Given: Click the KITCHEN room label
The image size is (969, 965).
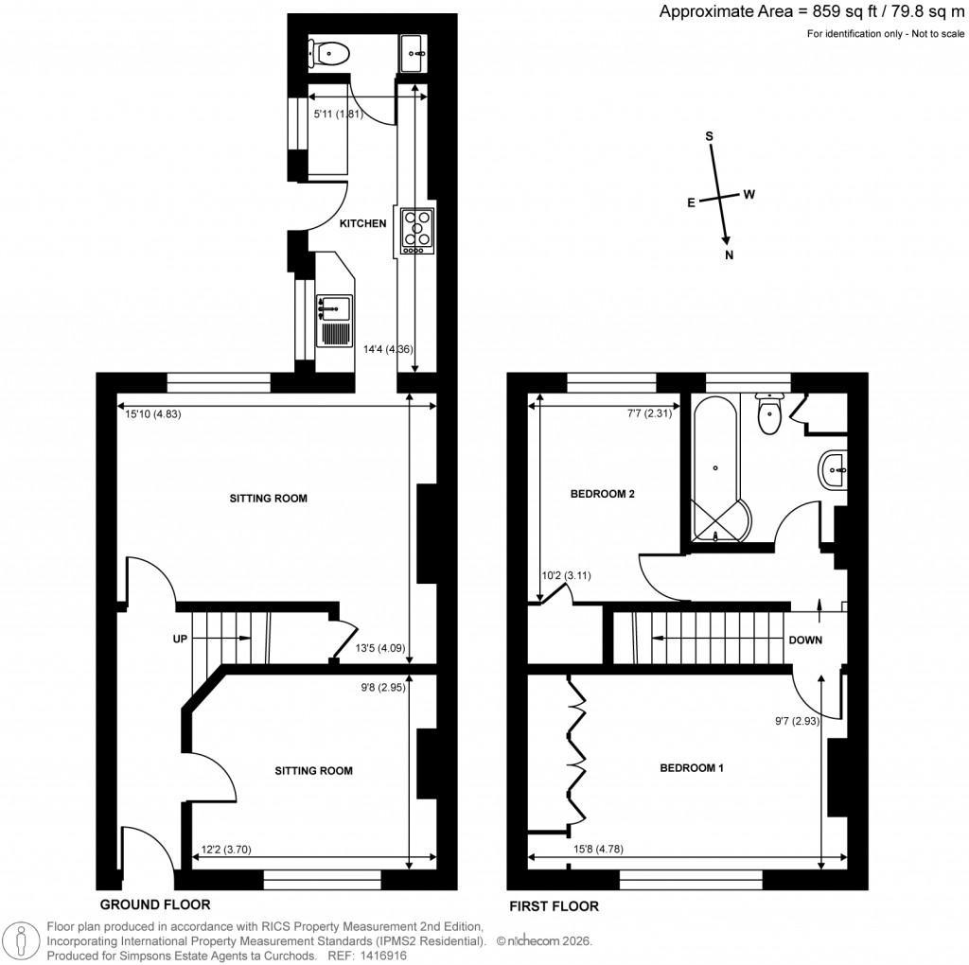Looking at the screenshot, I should point(363,223).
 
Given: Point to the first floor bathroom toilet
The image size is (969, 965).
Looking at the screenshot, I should point(769,413).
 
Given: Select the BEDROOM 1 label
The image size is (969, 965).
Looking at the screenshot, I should point(691,768).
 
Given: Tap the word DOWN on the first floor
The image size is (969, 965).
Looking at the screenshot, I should point(804,640).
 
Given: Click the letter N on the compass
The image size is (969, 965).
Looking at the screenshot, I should point(729,255).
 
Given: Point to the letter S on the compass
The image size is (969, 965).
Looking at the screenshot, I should point(709,135).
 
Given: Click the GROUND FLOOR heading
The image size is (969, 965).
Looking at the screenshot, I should point(154,904).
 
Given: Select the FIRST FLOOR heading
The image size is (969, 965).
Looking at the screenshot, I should point(555,905).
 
